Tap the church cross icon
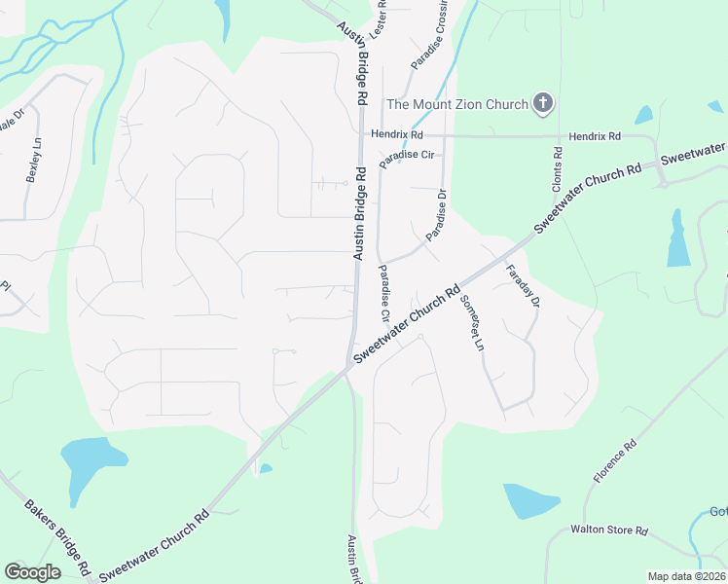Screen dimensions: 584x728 543,103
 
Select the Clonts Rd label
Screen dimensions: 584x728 558,168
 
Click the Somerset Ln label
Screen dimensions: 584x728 471,322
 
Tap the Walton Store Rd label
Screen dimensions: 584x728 609,530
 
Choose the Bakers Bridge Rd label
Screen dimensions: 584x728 57,536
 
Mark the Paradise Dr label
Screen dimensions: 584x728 435,213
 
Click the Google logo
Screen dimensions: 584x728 33,571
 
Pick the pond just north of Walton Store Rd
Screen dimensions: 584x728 530,501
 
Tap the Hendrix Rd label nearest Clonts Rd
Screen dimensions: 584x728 595,136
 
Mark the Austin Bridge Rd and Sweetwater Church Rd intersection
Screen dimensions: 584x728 350,366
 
